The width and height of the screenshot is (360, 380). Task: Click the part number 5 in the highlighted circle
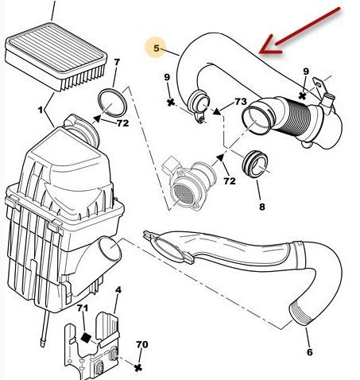tap(157, 48)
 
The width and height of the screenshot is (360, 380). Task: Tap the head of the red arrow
tap(261, 50)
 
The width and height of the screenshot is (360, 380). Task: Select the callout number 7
tap(117, 63)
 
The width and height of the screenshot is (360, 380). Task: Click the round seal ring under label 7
tap(112, 103)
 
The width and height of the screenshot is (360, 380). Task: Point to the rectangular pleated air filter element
tap(56, 57)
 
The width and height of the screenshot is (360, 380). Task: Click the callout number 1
tap(41, 110)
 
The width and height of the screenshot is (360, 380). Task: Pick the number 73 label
tap(241, 102)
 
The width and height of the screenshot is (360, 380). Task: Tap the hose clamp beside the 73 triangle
tap(199, 106)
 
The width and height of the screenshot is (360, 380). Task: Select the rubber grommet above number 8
tap(255, 165)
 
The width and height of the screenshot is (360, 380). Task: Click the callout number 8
tap(261, 207)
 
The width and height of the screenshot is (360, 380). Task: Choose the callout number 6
tap(310, 352)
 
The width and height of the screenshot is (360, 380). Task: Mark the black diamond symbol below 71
tap(86, 338)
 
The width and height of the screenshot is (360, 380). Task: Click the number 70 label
tap(142, 344)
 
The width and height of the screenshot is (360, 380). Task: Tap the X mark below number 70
tap(138, 367)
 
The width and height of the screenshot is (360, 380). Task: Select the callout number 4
tap(118, 290)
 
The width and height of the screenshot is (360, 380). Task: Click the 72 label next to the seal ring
tap(122, 123)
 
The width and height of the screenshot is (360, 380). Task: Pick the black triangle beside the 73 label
tap(217, 111)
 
